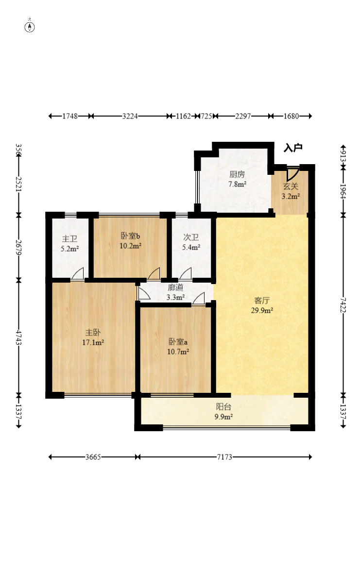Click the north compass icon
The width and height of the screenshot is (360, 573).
coord(30,26)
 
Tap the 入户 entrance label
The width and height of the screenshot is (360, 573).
coord(293,148)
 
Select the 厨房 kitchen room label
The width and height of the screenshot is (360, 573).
coord(237,174)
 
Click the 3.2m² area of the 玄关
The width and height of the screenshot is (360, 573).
coord(291,196)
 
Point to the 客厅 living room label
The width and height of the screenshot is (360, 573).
coord(262,301)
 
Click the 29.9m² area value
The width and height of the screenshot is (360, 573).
coord(262,311)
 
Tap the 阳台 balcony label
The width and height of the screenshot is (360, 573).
coord(223,406)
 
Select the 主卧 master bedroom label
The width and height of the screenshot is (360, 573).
coord(93,332)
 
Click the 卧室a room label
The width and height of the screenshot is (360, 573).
coord(178,342)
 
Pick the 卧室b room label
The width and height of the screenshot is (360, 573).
coord(131,236)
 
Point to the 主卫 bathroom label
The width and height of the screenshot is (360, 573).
coord(69,239)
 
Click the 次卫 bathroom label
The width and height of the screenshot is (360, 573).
coord(191,237)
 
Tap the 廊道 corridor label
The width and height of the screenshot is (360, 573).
coord(175,287)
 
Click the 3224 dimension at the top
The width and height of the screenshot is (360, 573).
coord(130,116)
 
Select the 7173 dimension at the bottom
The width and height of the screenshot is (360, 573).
coord(224,457)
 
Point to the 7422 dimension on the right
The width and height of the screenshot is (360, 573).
coord(343,305)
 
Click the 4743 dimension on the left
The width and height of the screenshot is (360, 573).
coord(18,337)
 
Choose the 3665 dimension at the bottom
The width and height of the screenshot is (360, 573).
coord(93,457)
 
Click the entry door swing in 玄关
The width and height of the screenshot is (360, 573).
coord(293,173)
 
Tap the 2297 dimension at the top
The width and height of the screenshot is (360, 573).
coord(243,116)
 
